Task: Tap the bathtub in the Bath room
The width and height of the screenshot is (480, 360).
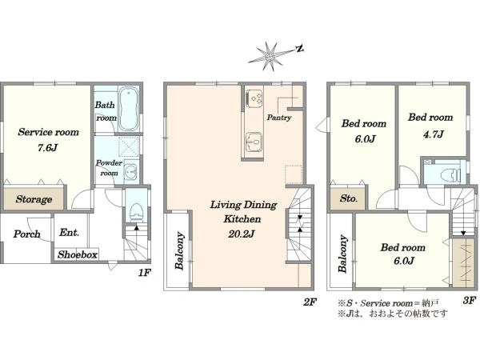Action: pos(129,110)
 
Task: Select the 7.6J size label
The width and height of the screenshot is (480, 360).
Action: pos(47,148)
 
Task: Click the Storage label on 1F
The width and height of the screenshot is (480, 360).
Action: pos(34,199)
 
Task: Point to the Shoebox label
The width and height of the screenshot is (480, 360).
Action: pos(78,254)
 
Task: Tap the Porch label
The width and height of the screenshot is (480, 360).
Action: pos(27,234)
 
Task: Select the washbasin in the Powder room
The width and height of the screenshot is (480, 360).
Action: pos(132,172)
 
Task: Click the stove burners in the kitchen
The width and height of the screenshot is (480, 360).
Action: pos(254,98)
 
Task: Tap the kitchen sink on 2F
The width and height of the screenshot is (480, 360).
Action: pos(254,142)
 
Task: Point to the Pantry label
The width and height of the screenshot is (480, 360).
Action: pos(279,118)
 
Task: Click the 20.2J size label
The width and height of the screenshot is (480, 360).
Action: pos(242,234)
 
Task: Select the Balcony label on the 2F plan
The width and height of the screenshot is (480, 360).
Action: pos(179,251)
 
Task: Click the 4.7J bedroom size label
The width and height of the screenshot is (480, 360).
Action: pos(434,134)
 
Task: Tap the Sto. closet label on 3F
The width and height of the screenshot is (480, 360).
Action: pos(348,198)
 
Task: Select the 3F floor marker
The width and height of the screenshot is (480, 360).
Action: pos(469,300)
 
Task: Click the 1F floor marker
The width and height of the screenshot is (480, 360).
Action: pos(144,272)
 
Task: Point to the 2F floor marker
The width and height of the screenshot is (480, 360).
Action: pos(310,302)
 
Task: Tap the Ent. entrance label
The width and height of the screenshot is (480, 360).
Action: pos(69,232)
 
